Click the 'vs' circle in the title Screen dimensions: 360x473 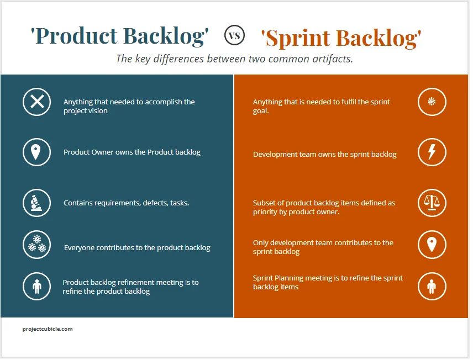(234, 36)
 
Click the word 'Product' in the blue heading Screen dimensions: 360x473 (74, 36)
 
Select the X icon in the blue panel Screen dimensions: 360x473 (36, 102)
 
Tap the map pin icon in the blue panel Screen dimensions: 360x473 (36, 152)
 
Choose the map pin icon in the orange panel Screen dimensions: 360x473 (432, 245)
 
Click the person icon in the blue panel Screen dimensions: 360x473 (36, 287)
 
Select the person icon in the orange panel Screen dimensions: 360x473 (432, 286)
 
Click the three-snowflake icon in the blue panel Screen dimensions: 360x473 (36, 245)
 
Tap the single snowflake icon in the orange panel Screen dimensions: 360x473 (432, 102)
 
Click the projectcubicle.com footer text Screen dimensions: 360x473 (48, 329)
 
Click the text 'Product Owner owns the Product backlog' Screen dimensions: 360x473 (132, 152)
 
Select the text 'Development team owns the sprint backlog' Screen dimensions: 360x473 (324, 155)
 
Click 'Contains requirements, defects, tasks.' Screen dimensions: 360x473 (126, 203)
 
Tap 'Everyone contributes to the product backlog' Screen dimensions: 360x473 (137, 248)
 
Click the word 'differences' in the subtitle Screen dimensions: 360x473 (177, 59)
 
